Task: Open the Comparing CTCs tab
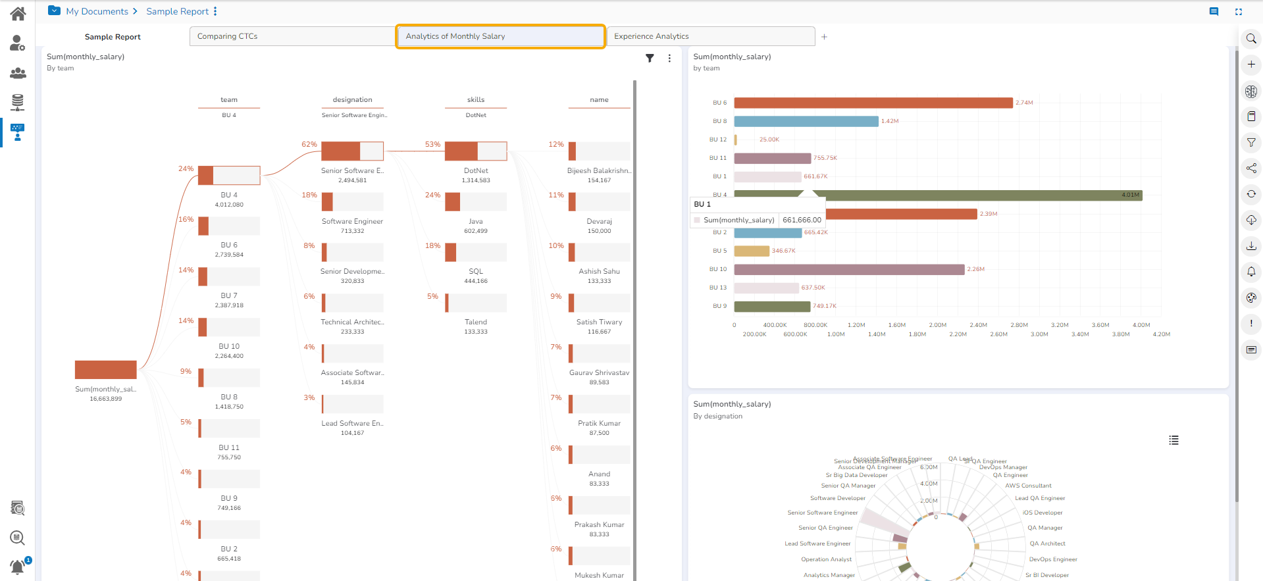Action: pyautogui.click(x=292, y=36)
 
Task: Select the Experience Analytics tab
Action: pyautogui.click(x=710, y=36)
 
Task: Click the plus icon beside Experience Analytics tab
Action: pyautogui.click(x=824, y=37)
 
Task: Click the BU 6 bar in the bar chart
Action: pyautogui.click(x=873, y=103)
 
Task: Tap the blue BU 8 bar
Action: pyautogui.click(x=806, y=121)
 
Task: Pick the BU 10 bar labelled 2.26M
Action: pyautogui.click(x=849, y=269)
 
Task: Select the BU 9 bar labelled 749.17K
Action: pyautogui.click(x=772, y=306)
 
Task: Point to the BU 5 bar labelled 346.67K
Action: pyautogui.click(x=752, y=251)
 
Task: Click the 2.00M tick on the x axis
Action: pyautogui.click(x=937, y=325)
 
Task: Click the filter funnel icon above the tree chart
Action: pyautogui.click(x=650, y=58)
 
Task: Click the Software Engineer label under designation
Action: pyautogui.click(x=352, y=222)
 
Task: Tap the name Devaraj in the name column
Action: pyautogui.click(x=599, y=222)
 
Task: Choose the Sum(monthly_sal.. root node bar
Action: pyautogui.click(x=106, y=370)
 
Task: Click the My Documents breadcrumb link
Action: pyautogui.click(x=97, y=11)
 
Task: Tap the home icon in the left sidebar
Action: pyautogui.click(x=18, y=13)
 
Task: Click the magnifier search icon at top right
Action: pyautogui.click(x=1251, y=39)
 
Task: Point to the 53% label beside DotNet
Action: pyautogui.click(x=432, y=144)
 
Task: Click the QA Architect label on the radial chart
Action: pyautogui.click(x=1047, y=543)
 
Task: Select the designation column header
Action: pyautogui.click(x=352, y=100)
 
